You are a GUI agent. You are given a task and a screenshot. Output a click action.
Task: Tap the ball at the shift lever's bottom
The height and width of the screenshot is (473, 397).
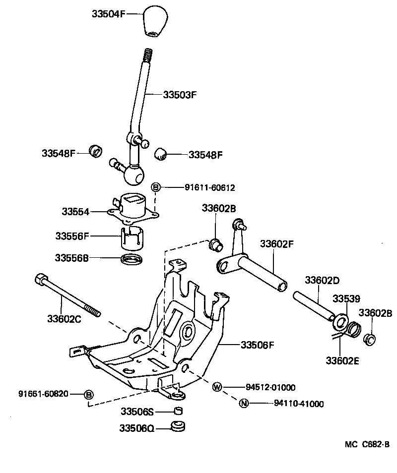tap(133, 174)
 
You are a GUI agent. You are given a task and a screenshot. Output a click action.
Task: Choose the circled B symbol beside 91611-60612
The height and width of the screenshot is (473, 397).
tap(155, 187)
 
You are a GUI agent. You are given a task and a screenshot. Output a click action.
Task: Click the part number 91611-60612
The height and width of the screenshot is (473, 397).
tap(209, 187)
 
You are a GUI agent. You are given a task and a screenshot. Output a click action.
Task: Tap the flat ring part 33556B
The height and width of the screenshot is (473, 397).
tap(132, 258)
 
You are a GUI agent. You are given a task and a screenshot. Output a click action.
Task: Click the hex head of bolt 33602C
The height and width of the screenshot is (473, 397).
tap(40, 279)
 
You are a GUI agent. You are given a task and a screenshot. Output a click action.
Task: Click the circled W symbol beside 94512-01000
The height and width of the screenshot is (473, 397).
tap(217, 387)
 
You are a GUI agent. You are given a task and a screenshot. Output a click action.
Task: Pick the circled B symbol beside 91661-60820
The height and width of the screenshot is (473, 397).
tap(88, 394)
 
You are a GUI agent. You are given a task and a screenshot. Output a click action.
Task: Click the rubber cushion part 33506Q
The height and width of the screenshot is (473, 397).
tap(178, 426)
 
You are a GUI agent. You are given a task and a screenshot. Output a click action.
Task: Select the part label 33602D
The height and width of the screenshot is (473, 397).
tap(322, 280)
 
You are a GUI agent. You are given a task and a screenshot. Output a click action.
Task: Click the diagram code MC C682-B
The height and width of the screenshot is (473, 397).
tap(367, 445)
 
